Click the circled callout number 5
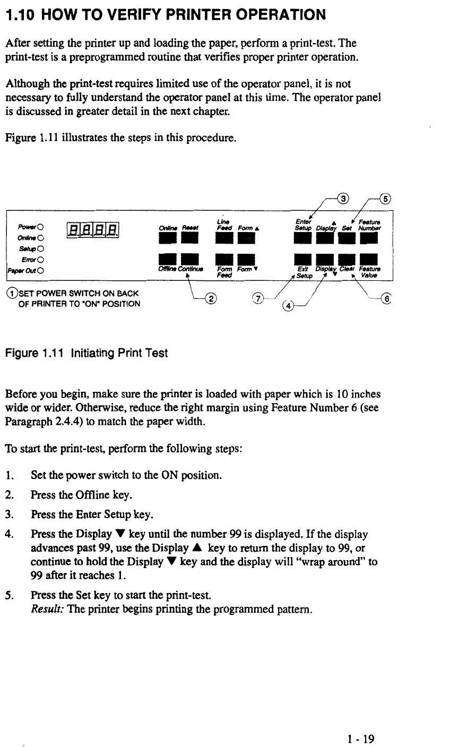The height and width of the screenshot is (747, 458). (386, 199)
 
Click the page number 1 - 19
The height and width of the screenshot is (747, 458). (361, 739)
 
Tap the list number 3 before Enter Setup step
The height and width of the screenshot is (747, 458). (8, 514)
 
